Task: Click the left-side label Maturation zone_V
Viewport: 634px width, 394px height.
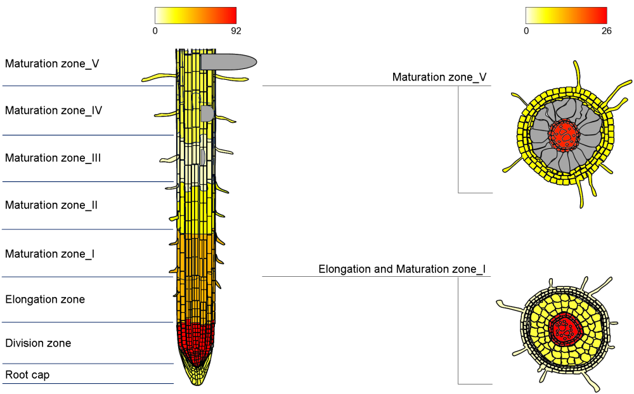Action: pyautogui.click(x=52, y=64)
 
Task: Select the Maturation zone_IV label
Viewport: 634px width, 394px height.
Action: pyautogui.click(x=54, y=111)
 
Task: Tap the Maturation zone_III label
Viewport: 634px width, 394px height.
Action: pyautogui.click(x=53, y=158)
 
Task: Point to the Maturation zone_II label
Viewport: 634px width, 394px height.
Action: pyautogui.click(x=51, y=205)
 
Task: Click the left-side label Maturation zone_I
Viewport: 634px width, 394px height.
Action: pyautogui.click(x=50, y=254)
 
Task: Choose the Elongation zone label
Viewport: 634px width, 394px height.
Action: pyautogui.click(x=45, y=300)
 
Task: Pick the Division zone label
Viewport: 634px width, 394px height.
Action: pyautogui.click(x=38, y=343)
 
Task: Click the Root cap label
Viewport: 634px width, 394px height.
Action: pyautogui.click(x=27, y=375)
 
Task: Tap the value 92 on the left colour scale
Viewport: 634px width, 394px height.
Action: pyautogui.click(x=236, y=30)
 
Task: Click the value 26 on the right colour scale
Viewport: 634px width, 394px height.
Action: pyautogui.click(x=606, y=30)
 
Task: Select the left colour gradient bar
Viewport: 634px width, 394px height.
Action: pyautogui.click(x=195, y=15)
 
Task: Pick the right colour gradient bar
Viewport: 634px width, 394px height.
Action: pyautogui.click(x=566, y=15)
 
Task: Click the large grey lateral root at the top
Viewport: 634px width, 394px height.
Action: pyautogui.click(x=228, y=61)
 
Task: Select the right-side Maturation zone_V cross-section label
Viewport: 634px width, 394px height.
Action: pyautogui.click(x=439, y=77)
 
